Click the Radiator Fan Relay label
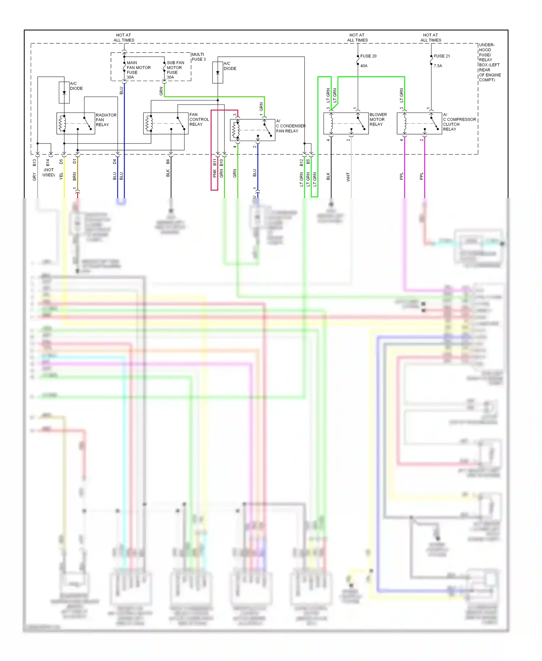106,120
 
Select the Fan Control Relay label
199,119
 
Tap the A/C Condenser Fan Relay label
291,126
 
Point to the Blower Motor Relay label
378,119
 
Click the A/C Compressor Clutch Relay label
459,122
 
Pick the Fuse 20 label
368,56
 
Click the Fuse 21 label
442,56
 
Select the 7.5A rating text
438,66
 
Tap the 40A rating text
364,66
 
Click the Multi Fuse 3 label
198,57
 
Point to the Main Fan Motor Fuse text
138,70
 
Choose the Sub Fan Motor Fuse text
175,70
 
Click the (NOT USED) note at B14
48,172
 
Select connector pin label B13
34,163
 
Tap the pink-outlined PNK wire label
214,174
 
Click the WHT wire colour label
348,176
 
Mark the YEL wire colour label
61,176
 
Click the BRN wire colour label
74,176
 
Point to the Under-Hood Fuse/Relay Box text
489,62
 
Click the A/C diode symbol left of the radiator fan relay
64,93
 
